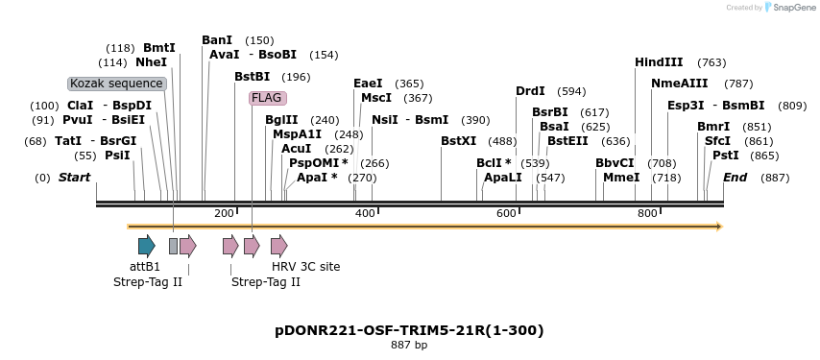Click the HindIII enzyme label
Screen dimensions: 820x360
click(659, 62)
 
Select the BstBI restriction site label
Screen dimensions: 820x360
click(253, 77)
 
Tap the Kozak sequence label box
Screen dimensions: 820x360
click(117, 84)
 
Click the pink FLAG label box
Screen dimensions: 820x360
click(267, 98)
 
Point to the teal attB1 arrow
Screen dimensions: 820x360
click(146, 246)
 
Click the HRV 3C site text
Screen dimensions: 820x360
click(305, 267)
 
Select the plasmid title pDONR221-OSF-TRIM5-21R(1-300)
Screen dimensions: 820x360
click(409, 330)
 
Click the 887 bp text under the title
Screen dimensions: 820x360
click(409, 345)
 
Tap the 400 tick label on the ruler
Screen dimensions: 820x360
click(365, 213)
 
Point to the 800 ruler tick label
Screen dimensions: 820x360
click(647, 213)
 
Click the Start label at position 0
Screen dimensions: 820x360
click(74, 178)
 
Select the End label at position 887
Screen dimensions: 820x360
click(735, 178)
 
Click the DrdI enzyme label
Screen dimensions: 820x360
click(530, 91)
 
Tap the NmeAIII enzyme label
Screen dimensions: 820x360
click(679, 84)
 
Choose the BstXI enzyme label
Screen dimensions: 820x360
click(458, 141)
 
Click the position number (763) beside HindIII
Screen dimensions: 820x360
click(711, 62)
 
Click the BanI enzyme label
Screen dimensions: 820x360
click(217, 40)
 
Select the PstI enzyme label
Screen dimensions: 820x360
click(725, 156)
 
